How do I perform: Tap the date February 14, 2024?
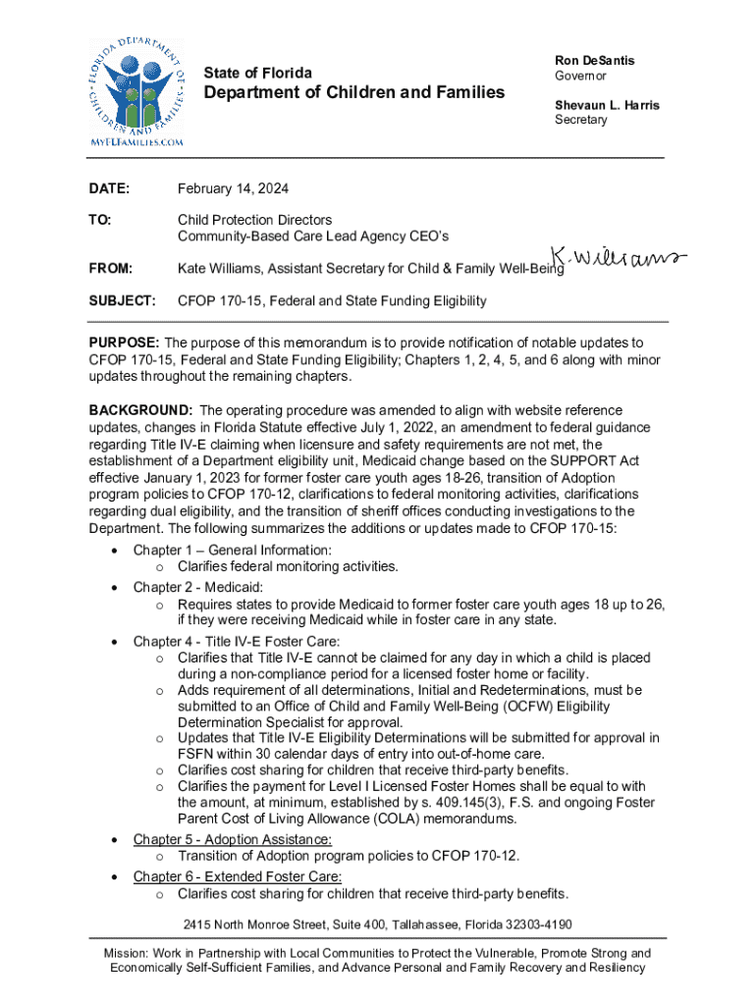233,188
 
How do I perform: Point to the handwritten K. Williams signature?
619,259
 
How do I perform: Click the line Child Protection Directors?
254,220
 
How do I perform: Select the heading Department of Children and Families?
354,92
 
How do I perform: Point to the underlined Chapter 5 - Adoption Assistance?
233,839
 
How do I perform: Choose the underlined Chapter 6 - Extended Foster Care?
238,876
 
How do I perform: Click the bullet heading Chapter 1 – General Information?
232,550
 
